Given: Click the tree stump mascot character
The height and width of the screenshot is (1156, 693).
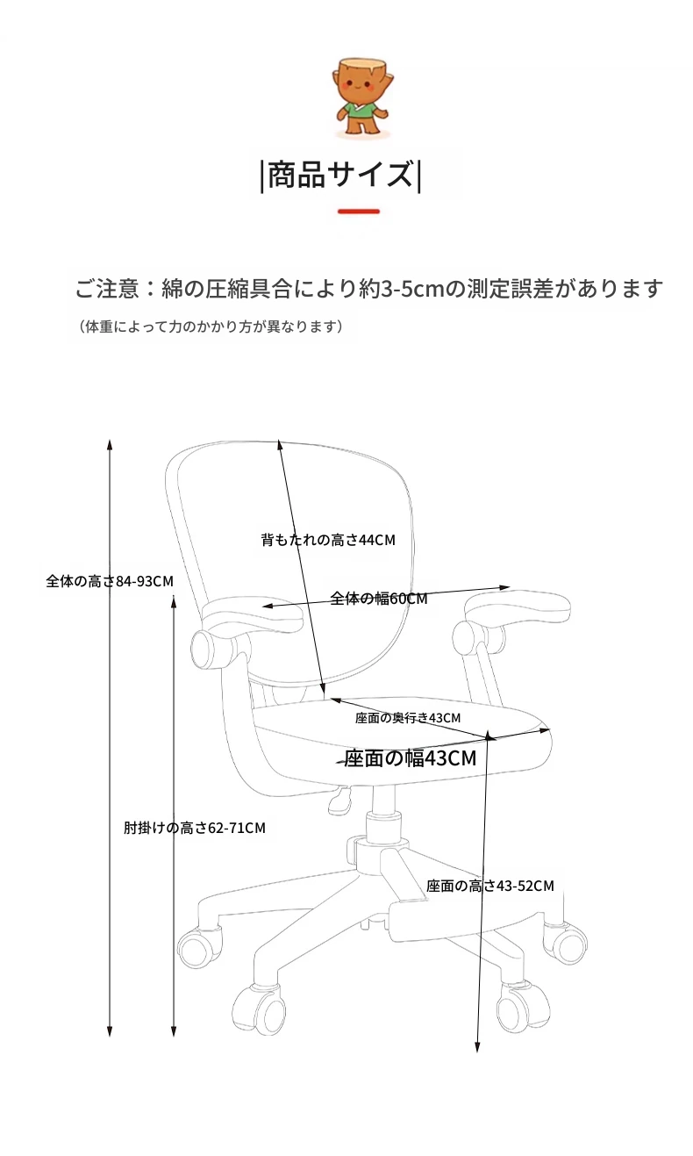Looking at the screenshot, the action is click(x=361, y=97).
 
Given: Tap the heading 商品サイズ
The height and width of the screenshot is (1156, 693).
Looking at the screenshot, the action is click(x=341, y=175).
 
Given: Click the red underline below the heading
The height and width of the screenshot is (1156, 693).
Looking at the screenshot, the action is click(x=359, y=212).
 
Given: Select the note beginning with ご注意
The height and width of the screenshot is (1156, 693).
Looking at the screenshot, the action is click(x=368, y=289).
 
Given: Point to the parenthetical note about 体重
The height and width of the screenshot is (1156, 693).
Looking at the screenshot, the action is click(x=211, y=327).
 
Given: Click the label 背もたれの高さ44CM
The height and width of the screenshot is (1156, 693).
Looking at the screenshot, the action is click(x=328, y=540).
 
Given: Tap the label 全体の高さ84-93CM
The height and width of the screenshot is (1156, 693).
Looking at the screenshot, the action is click(x=110, y=581).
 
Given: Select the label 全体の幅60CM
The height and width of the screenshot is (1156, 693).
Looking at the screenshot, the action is click(x=379, y=598).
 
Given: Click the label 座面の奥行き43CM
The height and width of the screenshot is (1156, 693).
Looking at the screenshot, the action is click(x=408, y=717).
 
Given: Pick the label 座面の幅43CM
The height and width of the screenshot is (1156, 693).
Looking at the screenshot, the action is click(x=411, y=758).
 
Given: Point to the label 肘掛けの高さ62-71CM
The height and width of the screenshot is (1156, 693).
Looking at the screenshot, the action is click(x=195, y=828).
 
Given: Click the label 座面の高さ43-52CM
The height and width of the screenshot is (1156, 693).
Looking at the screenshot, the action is click(x=489, y=886).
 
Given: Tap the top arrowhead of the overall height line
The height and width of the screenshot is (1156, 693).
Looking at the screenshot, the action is click(x=110, y=445).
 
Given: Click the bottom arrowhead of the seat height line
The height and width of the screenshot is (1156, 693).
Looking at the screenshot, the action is click(x=477, y=1046).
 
